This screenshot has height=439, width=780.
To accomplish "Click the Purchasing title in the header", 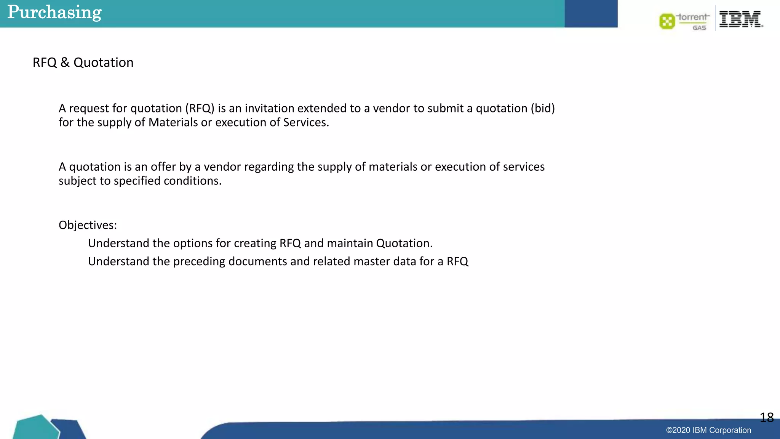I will (x=54, y=12).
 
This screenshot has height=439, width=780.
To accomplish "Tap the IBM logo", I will (x=741, y=19).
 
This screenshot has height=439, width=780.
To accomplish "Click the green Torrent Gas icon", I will (x=667, y=21).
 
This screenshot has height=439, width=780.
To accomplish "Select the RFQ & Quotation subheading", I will (x=83, y=62).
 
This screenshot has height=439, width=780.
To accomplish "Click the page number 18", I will (x=766, y=418).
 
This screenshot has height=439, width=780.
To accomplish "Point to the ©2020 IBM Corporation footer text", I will (x=708, y=430).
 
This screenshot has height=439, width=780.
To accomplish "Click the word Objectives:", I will (x=88, y=225).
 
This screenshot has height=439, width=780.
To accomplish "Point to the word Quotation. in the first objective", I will (x=404, y=244).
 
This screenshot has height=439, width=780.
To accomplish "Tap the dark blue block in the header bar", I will (x=591, y=14).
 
